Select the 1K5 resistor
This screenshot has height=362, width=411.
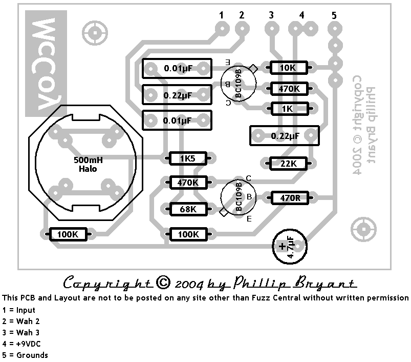tap(187, 158)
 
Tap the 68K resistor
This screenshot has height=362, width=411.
tap(187, 209)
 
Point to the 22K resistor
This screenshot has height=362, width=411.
tap(288, 164)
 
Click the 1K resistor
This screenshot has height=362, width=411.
tap(287, 109)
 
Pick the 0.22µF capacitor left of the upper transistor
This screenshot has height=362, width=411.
tap(178, 95)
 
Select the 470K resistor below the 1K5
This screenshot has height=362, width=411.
tap(187, 182)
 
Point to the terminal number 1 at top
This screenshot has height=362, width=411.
tap(222, 16)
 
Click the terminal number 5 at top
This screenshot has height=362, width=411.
tap(334, 16)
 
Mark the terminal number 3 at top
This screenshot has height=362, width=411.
tap(271, 16)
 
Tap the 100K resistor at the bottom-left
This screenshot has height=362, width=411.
tap(68, 234)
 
